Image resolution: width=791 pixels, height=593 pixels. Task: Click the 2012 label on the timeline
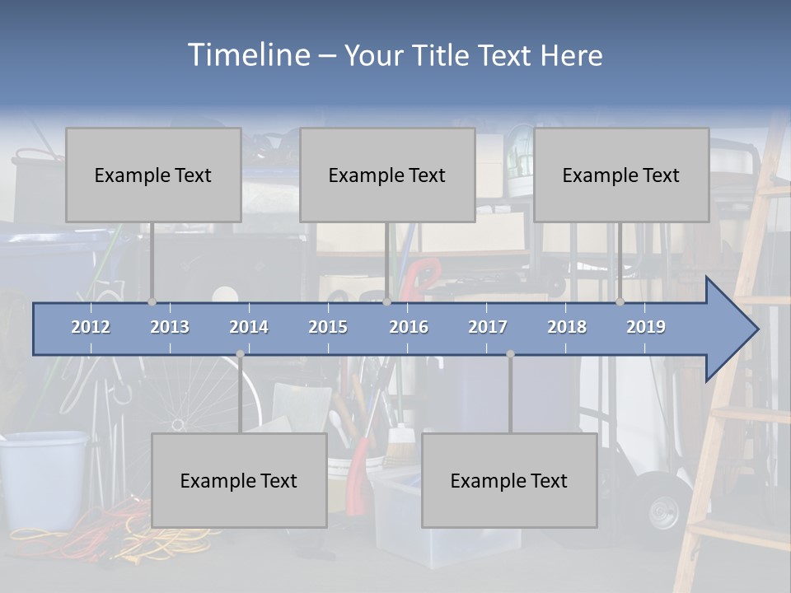91,327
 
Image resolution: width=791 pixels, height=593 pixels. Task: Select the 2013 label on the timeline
170,327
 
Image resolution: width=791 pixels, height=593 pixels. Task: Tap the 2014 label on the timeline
249,327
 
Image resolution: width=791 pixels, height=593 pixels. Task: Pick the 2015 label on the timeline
328,327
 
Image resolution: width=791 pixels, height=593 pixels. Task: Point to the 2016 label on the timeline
409,327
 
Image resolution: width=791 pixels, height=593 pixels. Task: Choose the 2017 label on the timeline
488,327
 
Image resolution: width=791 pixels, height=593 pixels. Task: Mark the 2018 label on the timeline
567,327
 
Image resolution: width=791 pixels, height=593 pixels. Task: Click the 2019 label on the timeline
646,327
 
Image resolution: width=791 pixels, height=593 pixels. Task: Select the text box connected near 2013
153,175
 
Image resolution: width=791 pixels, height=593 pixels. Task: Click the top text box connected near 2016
387,175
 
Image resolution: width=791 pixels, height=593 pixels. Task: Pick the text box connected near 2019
621,175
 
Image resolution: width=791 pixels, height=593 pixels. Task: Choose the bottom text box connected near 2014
239,480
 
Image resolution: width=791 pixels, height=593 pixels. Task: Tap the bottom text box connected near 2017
509,480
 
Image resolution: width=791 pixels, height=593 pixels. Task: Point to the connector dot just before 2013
152,301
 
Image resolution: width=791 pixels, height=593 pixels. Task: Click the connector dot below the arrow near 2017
510,354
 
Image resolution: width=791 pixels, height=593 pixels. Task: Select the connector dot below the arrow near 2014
240,354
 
